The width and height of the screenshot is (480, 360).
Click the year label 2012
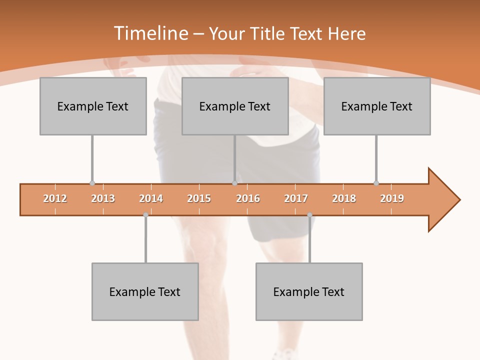point(55,198)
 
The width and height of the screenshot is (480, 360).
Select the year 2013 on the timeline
point(103,198)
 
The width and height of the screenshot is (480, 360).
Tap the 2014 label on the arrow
point(151,198)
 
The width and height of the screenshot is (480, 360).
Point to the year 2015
point(199,198)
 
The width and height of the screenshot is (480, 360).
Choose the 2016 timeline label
point(248,198)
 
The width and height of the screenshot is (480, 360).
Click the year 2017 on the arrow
point(296,198)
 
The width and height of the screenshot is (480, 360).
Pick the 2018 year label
point(344,198)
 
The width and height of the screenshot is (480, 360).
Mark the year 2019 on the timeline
point(392,198)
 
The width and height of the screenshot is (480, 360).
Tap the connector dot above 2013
point(92,183)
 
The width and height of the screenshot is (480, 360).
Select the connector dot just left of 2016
point(234,183)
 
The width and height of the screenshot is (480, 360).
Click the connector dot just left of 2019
point(376,183)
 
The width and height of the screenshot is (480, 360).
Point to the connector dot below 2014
point(145,215)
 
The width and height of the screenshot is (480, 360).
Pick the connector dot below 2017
point(309,215)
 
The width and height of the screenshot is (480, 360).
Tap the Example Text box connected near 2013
point(93,106)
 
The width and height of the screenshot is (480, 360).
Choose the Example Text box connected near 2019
point(377,106)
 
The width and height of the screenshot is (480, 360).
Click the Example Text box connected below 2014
point(145,291)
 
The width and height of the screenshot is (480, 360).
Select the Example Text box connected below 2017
point(309,291)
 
